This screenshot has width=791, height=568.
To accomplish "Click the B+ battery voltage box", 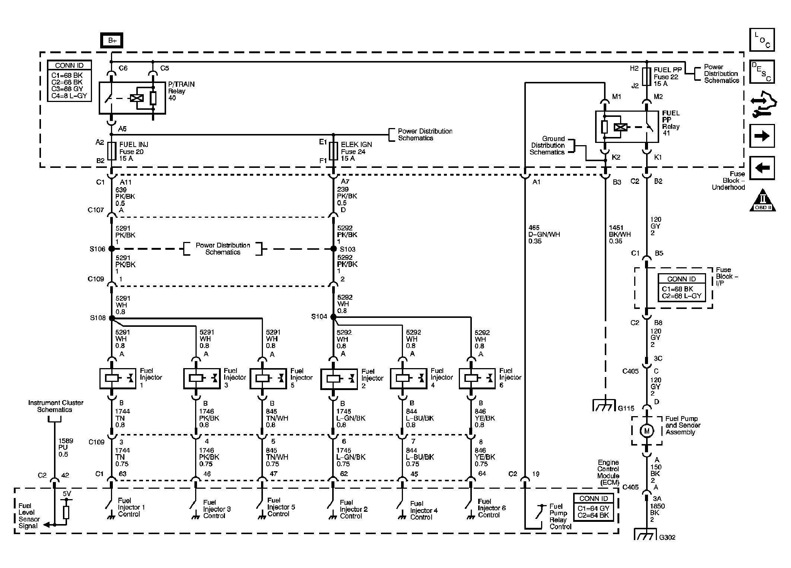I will point(112,41).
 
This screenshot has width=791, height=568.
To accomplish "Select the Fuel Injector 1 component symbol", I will point(118,379).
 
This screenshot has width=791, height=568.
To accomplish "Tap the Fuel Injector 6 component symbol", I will point(477,379).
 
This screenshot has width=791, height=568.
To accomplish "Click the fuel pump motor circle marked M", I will point(647,431).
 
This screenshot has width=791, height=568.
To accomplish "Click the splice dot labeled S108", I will point(112,318).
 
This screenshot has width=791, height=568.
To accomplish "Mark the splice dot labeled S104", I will point(333,317).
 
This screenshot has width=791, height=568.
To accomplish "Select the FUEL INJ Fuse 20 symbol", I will point(112,151).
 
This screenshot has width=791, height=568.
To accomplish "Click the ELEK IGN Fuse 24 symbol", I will point(333,151).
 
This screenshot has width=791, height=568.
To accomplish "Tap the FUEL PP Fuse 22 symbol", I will point(647,77).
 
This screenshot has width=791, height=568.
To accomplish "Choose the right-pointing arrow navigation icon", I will point(762,136).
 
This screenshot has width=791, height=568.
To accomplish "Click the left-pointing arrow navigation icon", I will point(762,168).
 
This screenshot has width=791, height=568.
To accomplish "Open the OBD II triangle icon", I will point(762,201).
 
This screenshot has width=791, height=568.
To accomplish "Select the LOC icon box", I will point(762,39).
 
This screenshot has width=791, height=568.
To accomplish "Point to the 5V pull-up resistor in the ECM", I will point(66,512).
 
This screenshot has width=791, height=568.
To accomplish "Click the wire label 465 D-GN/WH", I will point(544,234).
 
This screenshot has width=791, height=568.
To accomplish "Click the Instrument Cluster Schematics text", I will point(55,406).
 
